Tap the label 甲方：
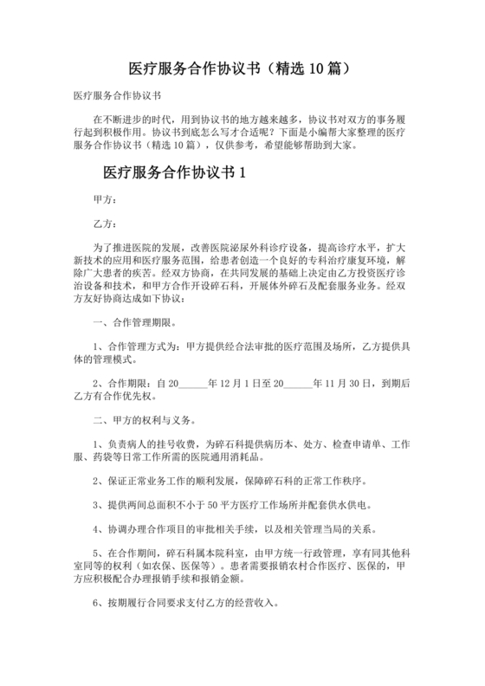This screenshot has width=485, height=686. tap(102, 199)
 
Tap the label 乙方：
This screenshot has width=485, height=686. tap(102, 224)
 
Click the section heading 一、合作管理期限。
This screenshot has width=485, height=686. tap(135, 321)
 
